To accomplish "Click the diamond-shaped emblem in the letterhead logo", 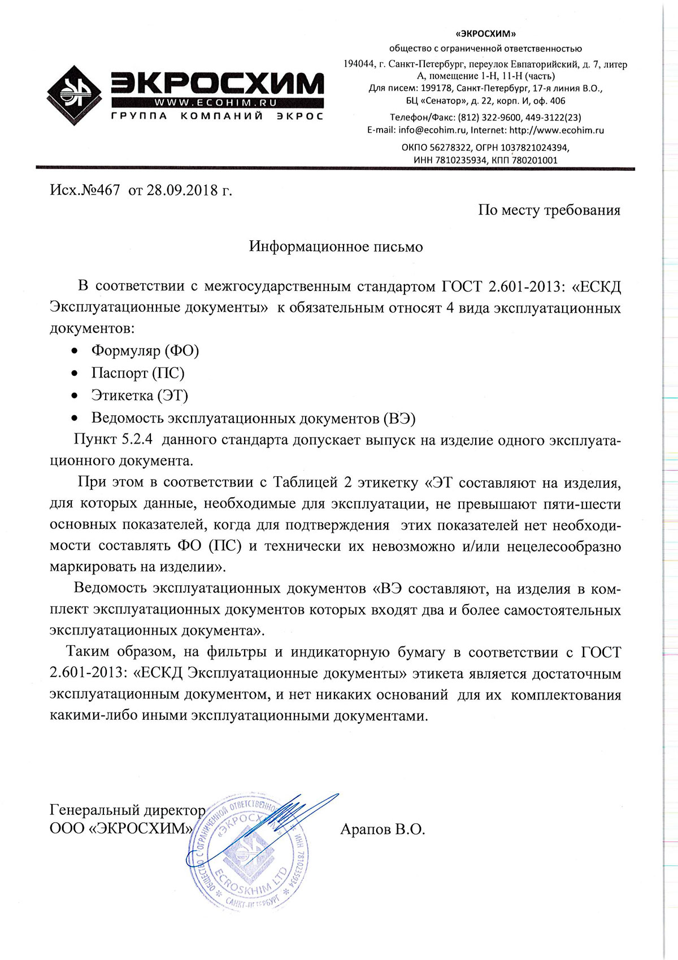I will [73, 95].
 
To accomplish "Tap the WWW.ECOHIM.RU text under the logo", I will [215, 103].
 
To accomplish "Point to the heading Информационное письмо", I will [336, 247].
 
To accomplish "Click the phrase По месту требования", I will [549, 210].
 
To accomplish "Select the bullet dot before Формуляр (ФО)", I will [74, 351].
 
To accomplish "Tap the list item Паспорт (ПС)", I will [137, 373].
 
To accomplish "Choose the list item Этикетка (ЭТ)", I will [140, 396].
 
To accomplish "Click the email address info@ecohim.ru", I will [433, 130].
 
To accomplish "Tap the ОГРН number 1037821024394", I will [534, 147].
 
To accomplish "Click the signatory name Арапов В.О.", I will [383, 829].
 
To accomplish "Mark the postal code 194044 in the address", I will [359, 64].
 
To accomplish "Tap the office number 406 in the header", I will [557, 101].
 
